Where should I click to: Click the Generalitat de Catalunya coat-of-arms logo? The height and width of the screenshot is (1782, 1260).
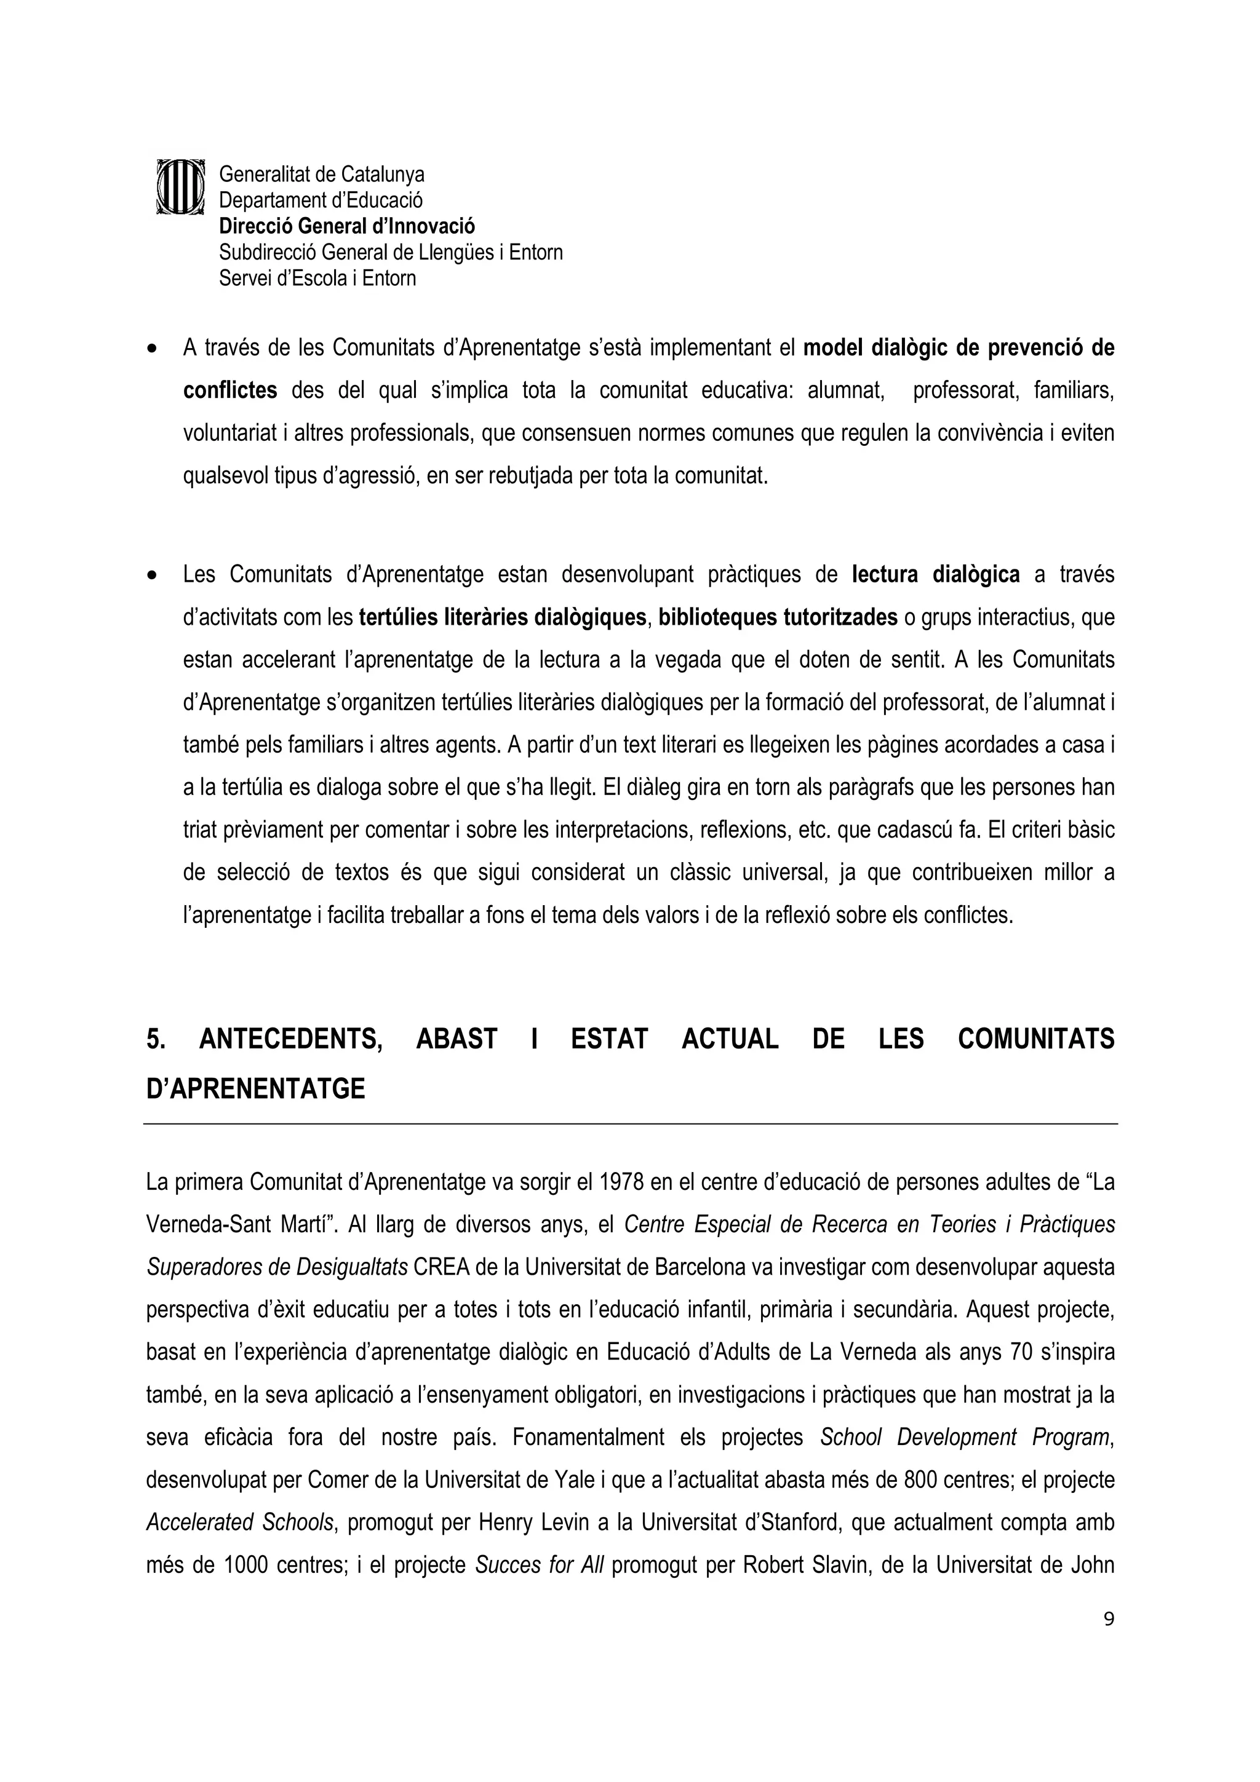coord(180,187)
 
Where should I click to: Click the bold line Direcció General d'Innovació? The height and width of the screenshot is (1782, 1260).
coord(346,227)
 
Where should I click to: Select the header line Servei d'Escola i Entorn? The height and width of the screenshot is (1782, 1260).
coord(317,279)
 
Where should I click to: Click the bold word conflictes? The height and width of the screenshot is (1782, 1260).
coord(230,390)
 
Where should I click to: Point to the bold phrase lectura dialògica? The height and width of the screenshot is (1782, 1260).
coord(936,575)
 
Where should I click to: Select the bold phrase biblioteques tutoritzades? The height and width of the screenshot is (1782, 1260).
coord(778,618)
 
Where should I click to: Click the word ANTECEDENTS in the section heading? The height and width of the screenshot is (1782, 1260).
coord(290,1040)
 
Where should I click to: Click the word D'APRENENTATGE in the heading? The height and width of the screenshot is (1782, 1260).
coord(255,1090)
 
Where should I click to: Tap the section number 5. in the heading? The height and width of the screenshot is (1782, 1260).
coord(156,1040)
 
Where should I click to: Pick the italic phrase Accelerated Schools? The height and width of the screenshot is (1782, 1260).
coord(240,1523)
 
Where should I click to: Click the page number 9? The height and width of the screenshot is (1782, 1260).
coord(1109,1619)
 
